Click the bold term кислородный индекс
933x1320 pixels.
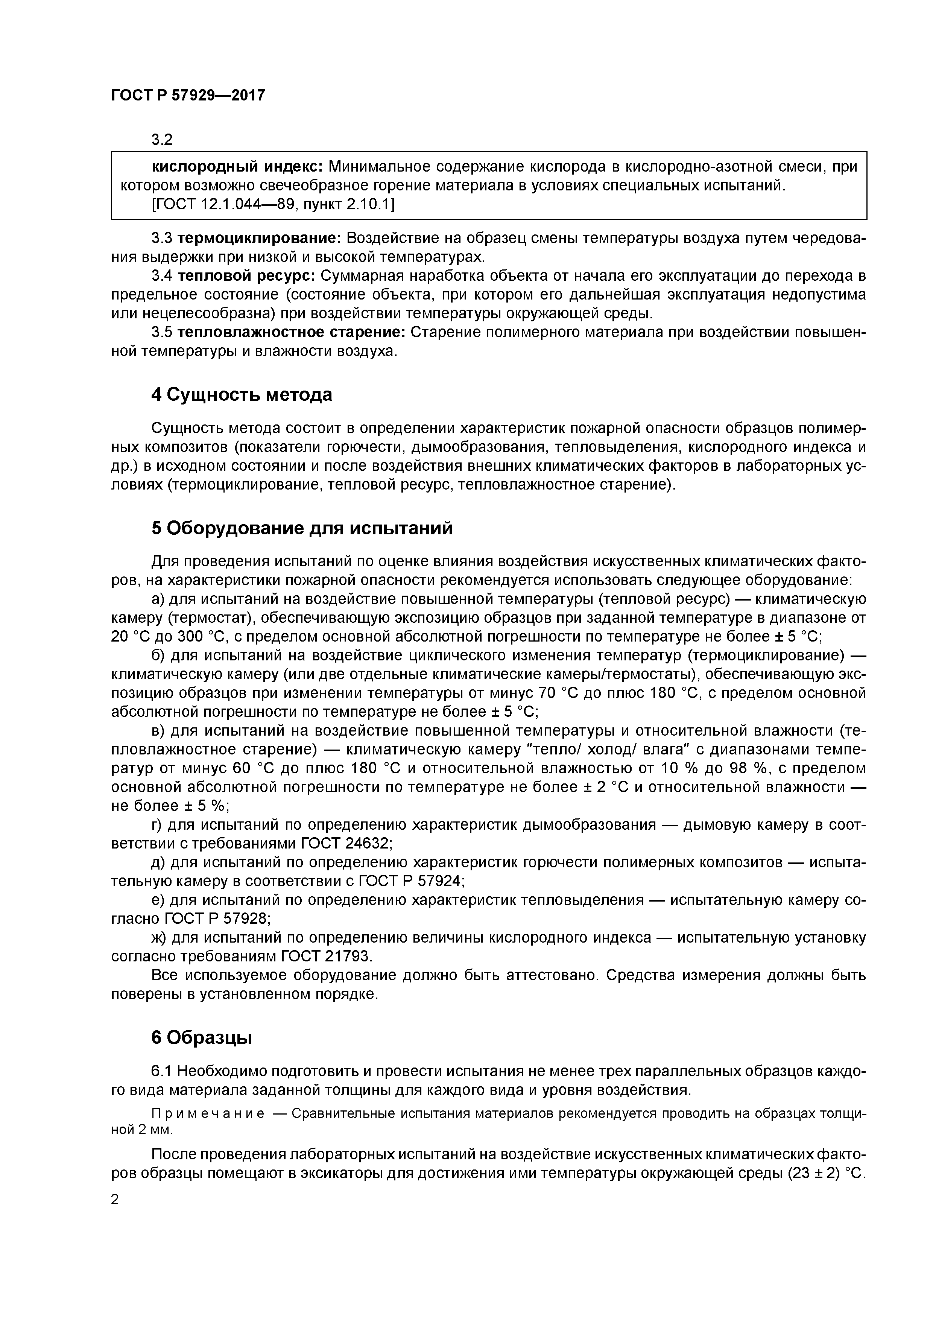tap(237, 167)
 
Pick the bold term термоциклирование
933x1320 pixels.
tap(260, 238)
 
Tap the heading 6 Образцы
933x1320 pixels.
tap(201, 1037)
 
